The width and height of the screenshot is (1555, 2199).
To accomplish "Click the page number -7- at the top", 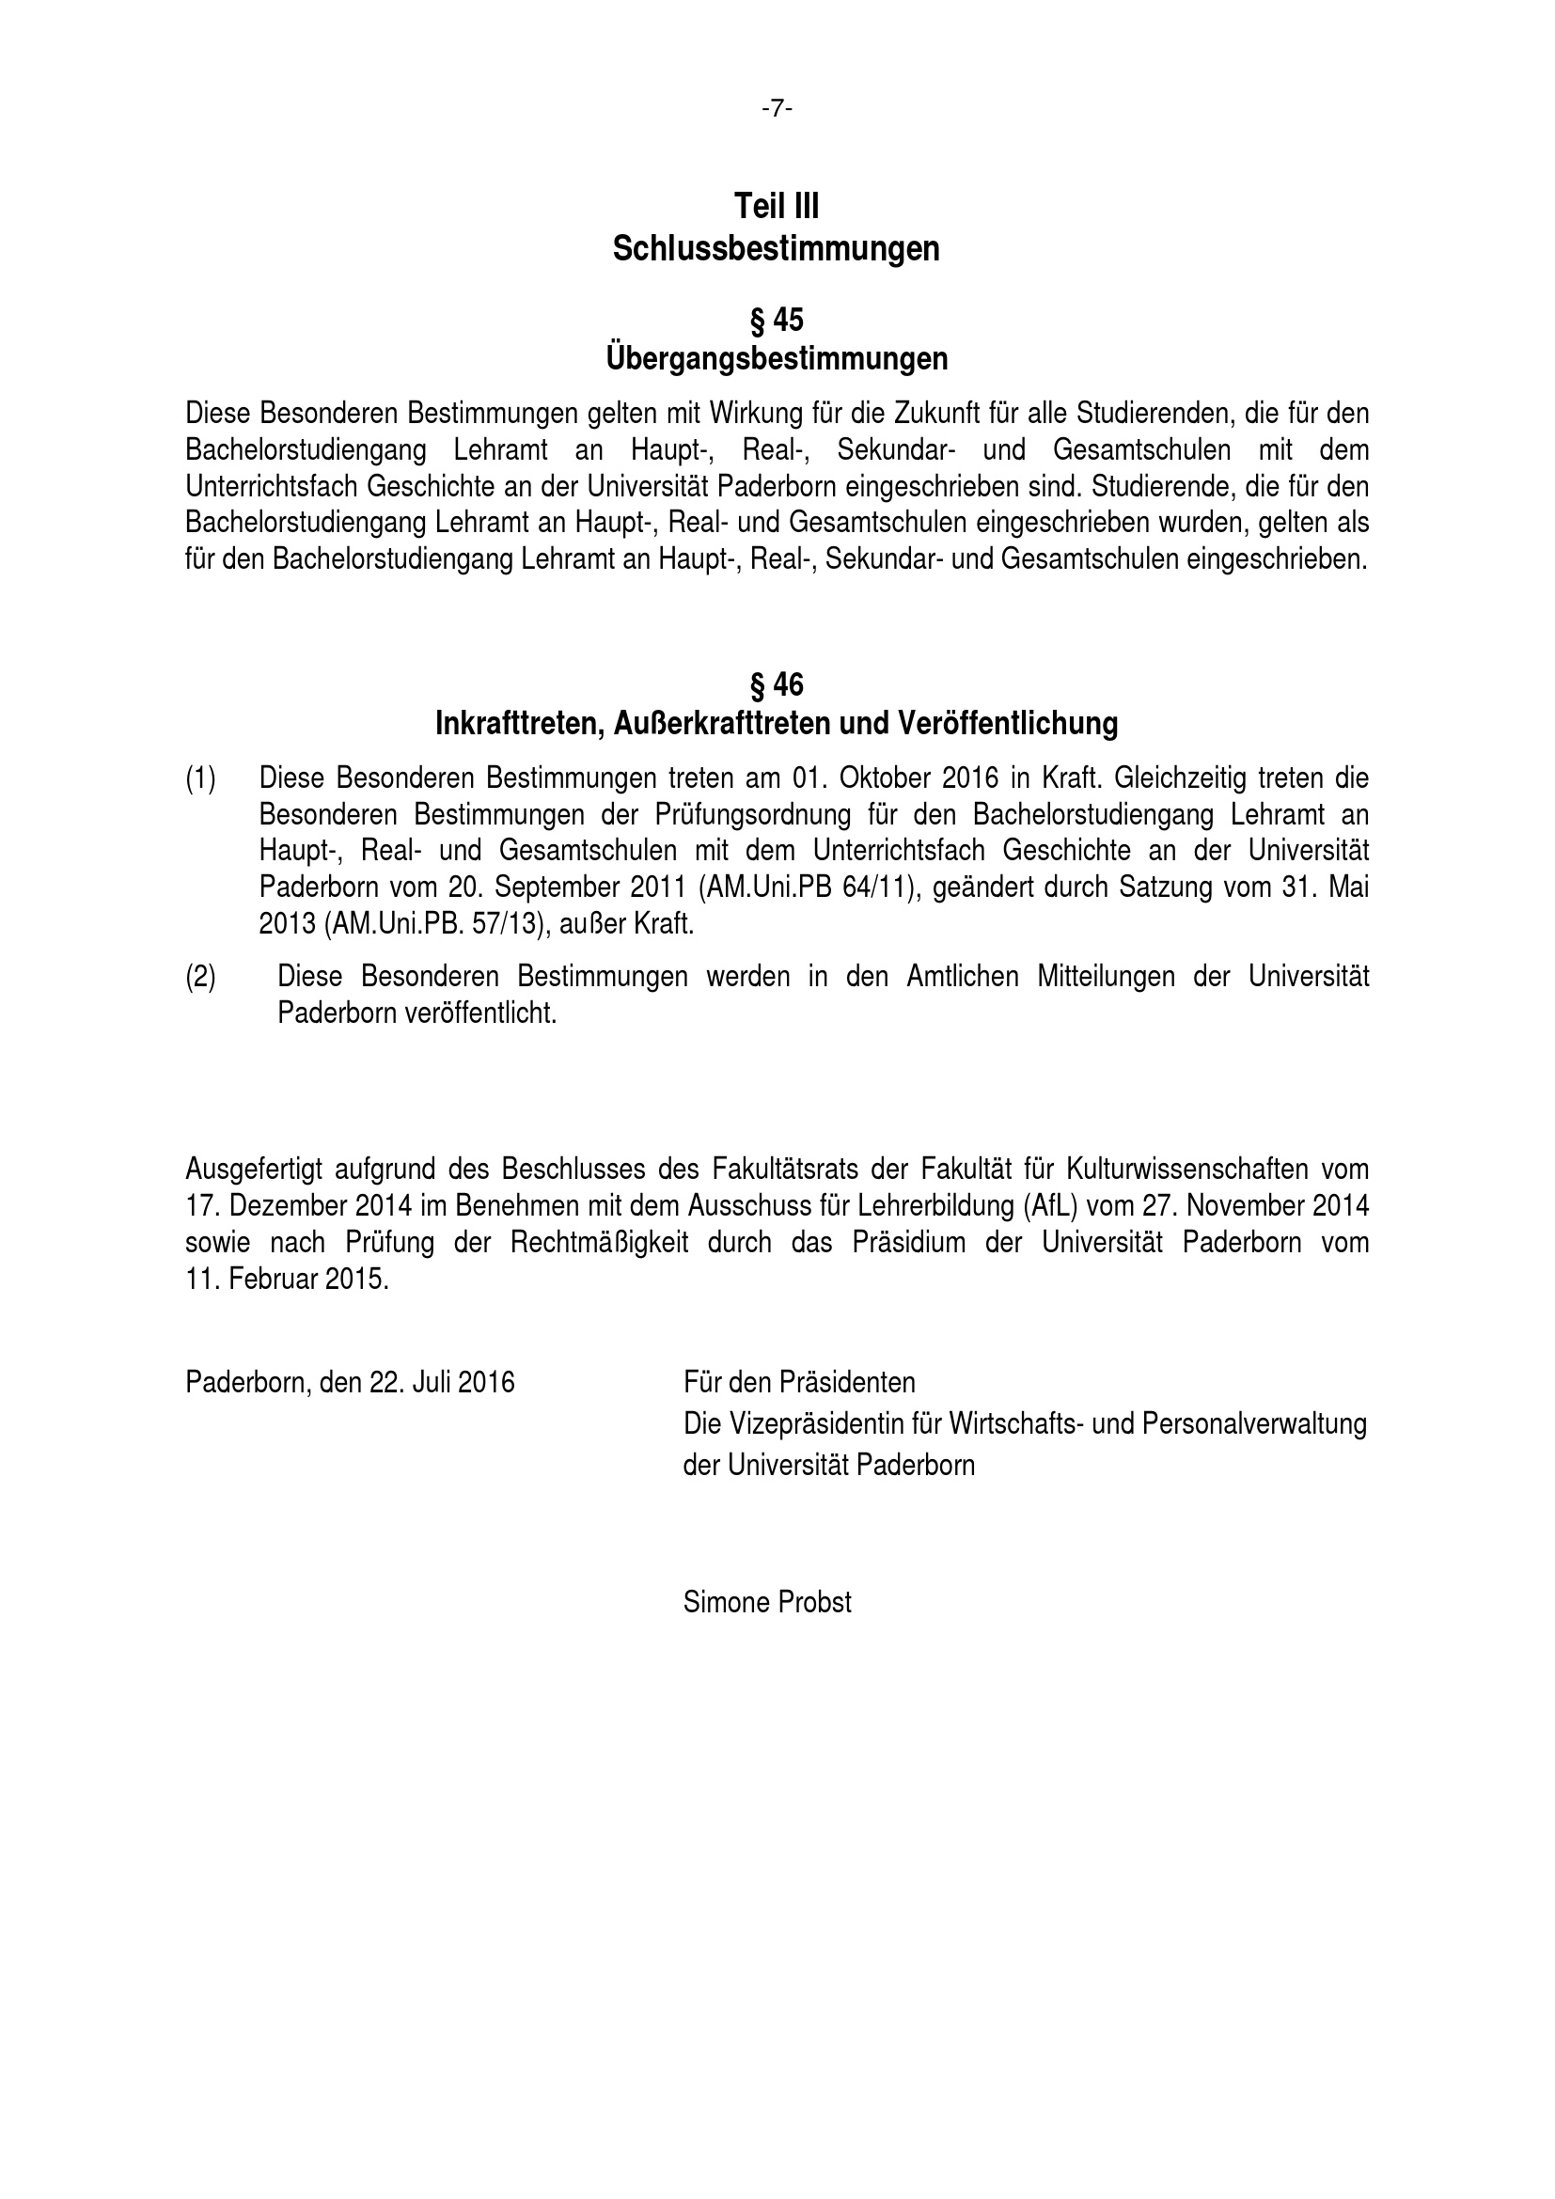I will [777, 110].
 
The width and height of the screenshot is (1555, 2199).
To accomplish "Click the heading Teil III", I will [777, 206].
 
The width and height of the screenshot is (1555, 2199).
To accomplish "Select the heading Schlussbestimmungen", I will [777, 249].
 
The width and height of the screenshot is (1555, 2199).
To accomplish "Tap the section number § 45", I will [777, 320].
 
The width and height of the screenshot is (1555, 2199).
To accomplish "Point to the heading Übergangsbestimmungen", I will [777, 359].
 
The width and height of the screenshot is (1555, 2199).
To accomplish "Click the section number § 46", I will [777, 684].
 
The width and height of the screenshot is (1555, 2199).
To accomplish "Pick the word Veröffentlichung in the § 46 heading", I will [1007, 723].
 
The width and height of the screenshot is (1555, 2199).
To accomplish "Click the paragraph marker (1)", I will [200, 778].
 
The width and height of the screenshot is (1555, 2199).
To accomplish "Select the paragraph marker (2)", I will [200, 977].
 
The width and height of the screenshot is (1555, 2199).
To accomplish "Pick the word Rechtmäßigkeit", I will [600, 1242].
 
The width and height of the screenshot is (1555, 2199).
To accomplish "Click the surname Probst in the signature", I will [813, 1602].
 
